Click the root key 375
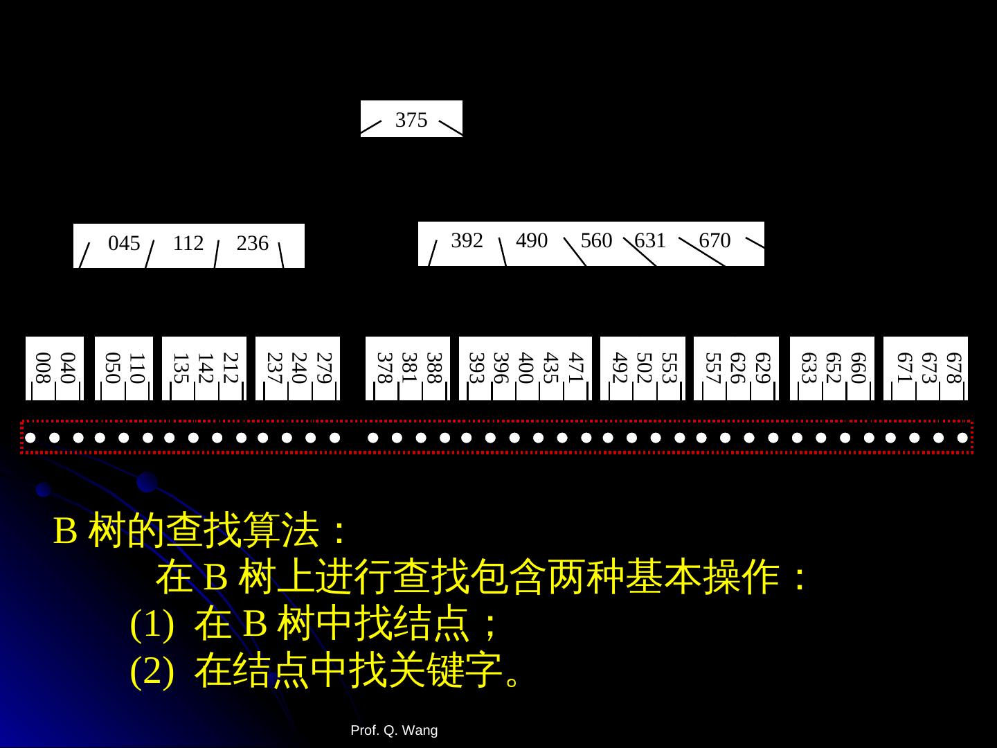coord(411,120)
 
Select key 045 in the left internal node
coord(124,244)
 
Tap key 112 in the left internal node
coord(188,244)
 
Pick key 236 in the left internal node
coord(252,244)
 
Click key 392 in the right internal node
coord(467,240)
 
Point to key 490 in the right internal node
coord(532,240)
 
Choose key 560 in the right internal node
coord(596,240)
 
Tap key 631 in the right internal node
coord(650,240)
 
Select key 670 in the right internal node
coord(715,240)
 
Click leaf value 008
coord(42,368)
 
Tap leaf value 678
coord(953,368)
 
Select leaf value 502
coord(643,368)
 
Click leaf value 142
coord(204,368)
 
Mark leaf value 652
coord(832,368)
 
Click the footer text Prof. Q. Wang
coord(394,731)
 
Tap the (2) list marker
coord(152,670)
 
